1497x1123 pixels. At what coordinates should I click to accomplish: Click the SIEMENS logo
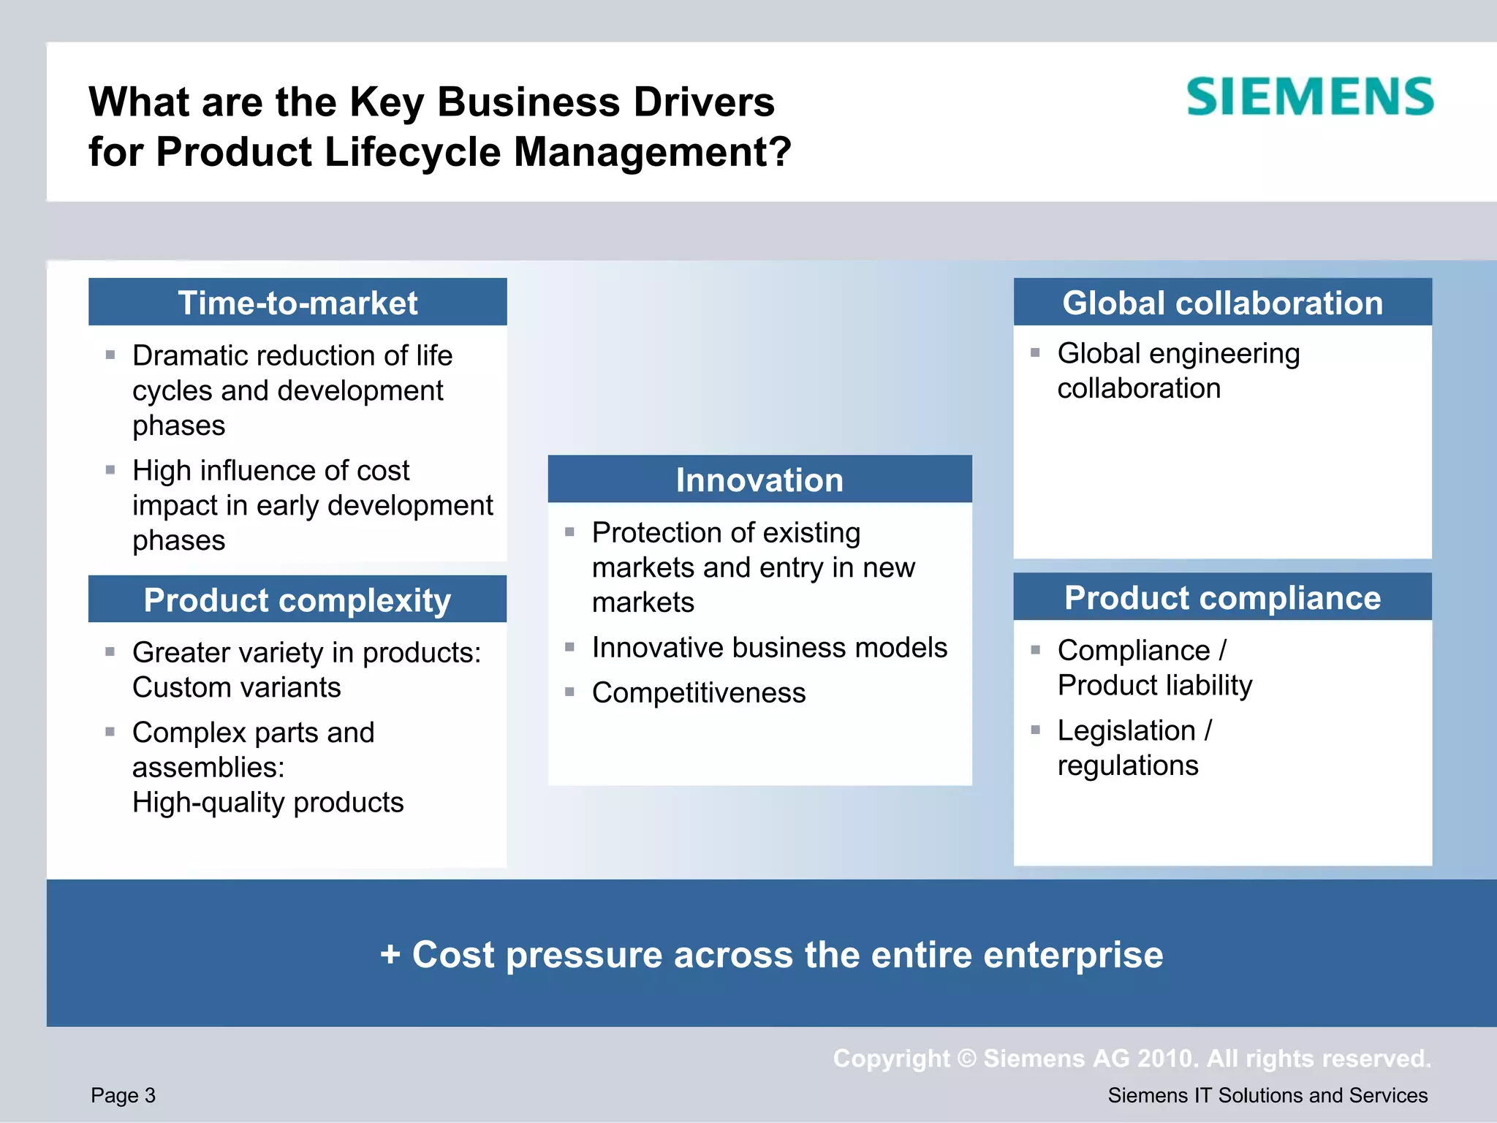pos(1310,97)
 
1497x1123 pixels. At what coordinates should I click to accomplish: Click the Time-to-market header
pos(297,303)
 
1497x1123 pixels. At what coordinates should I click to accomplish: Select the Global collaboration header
pos(1222,303)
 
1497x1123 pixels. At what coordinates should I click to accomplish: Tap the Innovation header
pos(759,480)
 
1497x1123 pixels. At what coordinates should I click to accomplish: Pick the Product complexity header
pos(297,600)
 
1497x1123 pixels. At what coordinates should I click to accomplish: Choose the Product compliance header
pos(1222,598)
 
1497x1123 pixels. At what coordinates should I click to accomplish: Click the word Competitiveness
pos(699,693)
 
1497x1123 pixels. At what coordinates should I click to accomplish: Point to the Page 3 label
pos(123,1095)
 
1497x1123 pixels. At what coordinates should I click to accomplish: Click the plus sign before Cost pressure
pos(390,955)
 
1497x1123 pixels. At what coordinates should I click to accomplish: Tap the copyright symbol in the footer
pos(966,1059)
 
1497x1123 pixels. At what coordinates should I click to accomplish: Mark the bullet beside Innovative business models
pos(569,647)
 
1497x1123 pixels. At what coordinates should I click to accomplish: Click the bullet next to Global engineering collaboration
pos(1035,353)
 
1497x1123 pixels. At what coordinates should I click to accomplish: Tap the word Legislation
pos(1126,731)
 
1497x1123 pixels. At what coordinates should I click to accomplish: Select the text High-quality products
pos(268,803)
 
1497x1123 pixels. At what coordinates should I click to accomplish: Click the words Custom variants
pos(236,688)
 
